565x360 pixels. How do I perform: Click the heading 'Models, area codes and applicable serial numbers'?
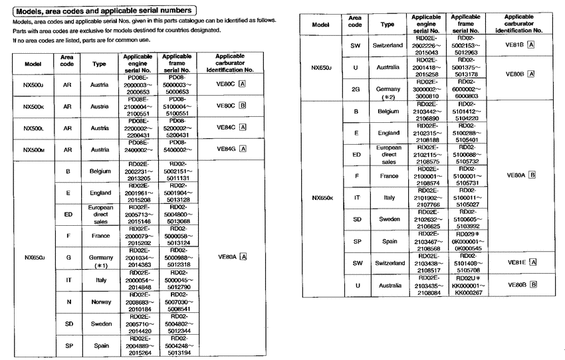(102, 10)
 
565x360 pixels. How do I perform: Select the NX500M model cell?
(33, 149)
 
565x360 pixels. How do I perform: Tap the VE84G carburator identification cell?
(231, 149)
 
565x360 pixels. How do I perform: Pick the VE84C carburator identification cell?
(231, 128)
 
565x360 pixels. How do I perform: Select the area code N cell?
(68, 302)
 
